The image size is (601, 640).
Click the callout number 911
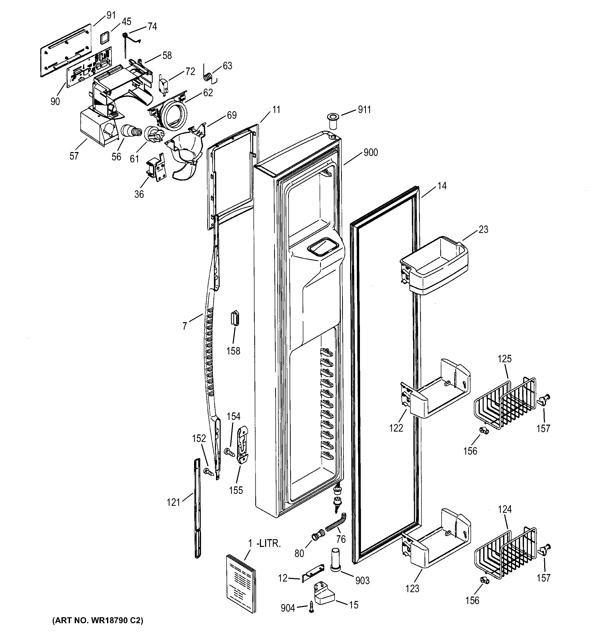(x=364, y=110)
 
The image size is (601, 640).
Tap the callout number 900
(x=370, y=152)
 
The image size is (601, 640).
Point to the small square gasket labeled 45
(x=105, y=38)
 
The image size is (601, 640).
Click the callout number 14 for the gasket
(x=442, y=186)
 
